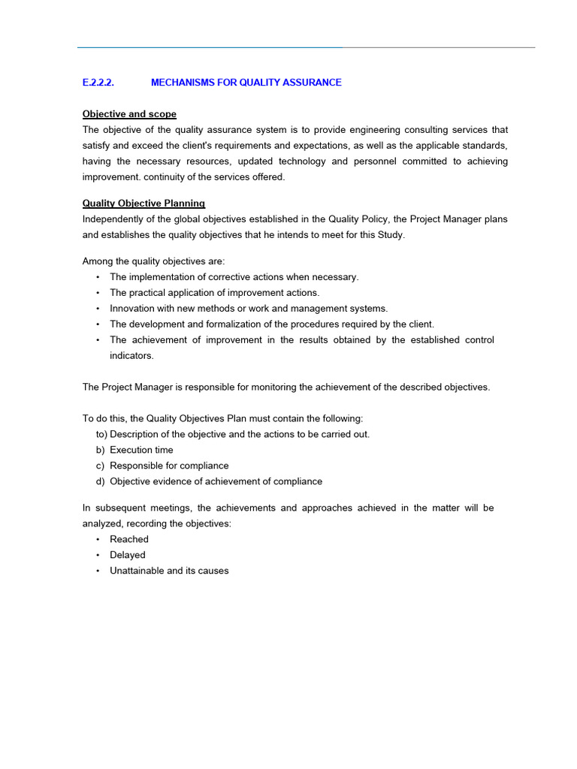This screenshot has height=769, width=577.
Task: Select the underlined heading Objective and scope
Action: [x=129, y=114]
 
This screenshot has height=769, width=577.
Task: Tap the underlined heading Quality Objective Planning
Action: [x=143, y=204]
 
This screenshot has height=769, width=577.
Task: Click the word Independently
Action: [x=116, y=219]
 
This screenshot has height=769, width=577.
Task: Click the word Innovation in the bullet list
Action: [x=133, y=309]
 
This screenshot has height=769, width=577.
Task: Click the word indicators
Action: [x=131, y=356]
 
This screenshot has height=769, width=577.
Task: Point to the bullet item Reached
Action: [x=129, y=539]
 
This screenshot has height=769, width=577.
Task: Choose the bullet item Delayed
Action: [x=128, y=555]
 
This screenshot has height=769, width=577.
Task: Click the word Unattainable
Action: [x=137, y=571]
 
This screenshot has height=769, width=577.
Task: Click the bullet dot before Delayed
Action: [x=98, y=556]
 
